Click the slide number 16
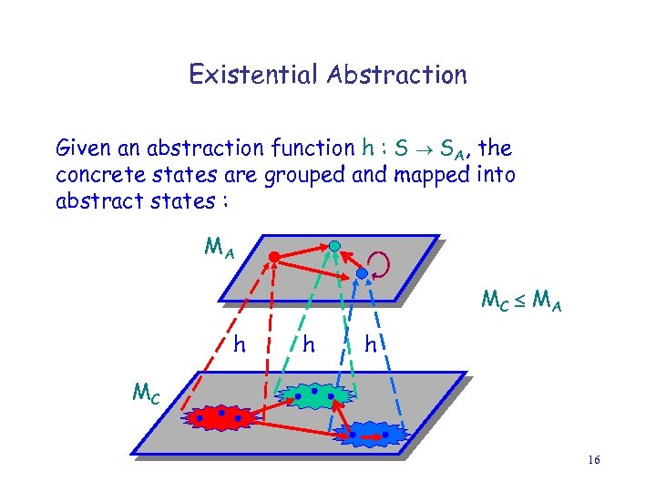(x=594, y=460)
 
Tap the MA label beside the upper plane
(x=219, y=247)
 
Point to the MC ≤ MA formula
(x=520, y=299)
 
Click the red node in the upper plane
(x=272, y=258)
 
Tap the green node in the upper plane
(x=335, y=245)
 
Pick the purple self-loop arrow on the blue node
(x=380, y=265)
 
